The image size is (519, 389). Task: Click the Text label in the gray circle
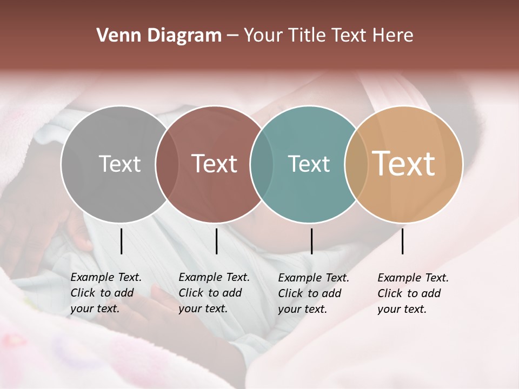tap(119, 164)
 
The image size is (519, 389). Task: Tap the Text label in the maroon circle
tap(215, 164)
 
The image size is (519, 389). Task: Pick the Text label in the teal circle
tap(309, 164)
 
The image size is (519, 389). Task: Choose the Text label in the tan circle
tap(404, 164)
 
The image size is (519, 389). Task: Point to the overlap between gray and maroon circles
tap(167, 164)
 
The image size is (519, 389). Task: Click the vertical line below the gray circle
tap(121, 241)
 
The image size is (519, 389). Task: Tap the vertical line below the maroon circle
tap(216, 241)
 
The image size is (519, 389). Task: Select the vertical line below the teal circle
tap(311, 241)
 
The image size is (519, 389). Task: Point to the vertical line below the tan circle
tap(402, 241)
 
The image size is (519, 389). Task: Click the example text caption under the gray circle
tap(106, 293)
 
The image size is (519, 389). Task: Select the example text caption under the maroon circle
tap(214, 293)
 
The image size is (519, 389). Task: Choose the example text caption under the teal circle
tap(314, 293)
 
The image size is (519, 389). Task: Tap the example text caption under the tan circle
tap(413, 293)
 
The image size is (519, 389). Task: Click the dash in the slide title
tap(232, 36)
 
